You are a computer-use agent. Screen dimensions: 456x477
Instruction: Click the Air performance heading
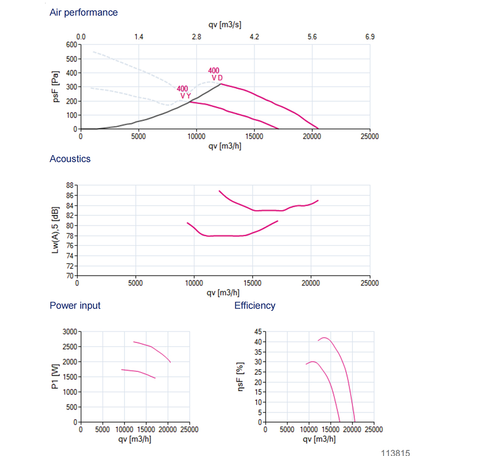(83, 12)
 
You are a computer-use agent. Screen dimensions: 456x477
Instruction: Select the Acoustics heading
(70, 159)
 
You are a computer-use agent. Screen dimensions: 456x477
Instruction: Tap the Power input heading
(75, 306)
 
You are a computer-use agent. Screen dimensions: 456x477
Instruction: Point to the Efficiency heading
(255, 306)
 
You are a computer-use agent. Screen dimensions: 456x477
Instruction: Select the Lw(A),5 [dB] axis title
(56, 231)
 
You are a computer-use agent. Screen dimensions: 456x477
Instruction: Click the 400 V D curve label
(216, 74)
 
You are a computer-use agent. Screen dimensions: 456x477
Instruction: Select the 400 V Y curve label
(184, 92)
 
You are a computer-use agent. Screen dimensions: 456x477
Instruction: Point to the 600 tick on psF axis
(72, 44)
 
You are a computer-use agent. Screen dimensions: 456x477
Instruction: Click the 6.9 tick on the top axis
(370, 37)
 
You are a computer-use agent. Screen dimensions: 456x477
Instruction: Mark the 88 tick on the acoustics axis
(70, 185)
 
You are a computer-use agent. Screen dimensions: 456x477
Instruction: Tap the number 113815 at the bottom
(395, 452)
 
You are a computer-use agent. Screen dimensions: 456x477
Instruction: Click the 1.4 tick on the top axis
(139, 37)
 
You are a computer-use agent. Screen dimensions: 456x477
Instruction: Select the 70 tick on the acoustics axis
(70, 276)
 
